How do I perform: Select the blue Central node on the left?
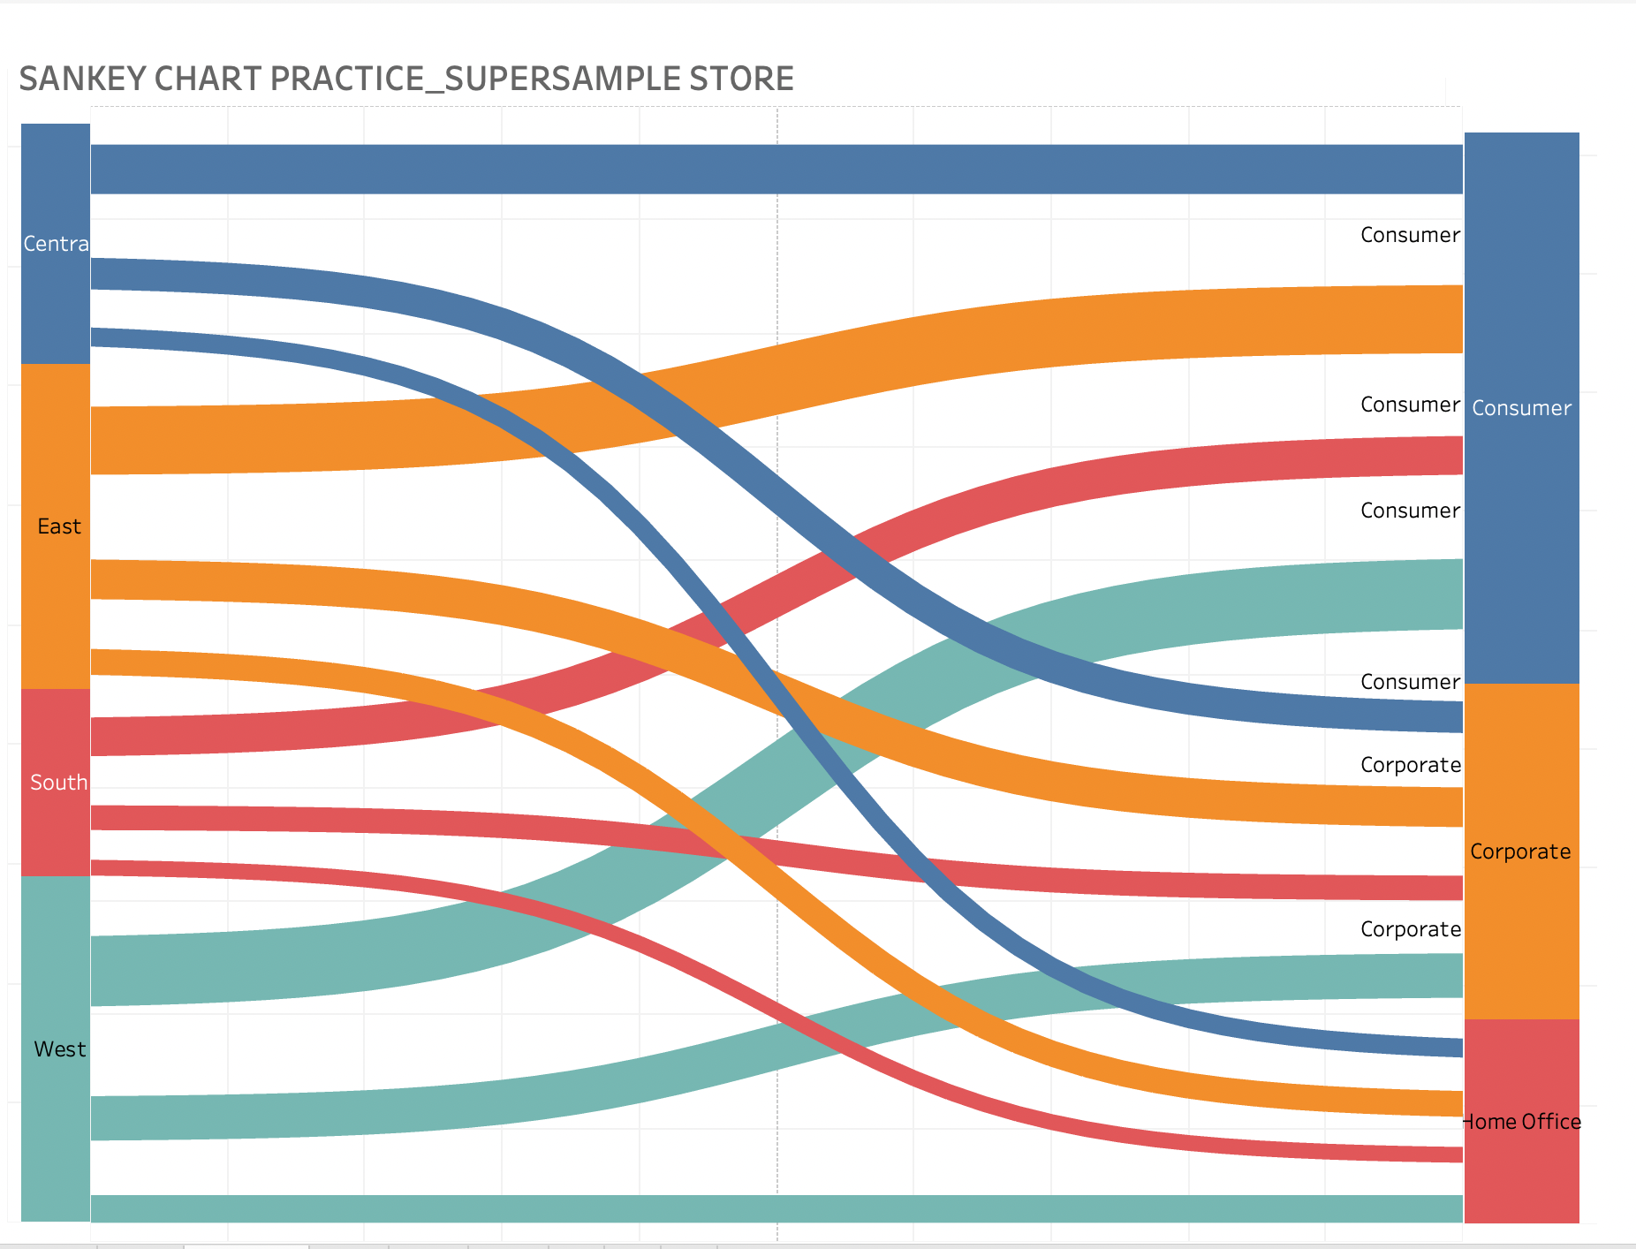56,244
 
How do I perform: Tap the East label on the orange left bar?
59,526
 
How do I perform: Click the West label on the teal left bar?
59,1049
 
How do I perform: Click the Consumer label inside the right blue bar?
1521,408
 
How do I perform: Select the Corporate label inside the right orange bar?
1520,852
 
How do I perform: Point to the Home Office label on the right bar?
1521,1122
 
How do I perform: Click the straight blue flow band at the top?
777,169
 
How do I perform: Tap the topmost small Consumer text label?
1410,235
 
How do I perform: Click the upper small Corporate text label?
1410,765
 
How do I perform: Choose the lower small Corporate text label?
1410,929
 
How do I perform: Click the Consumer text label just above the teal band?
1410,511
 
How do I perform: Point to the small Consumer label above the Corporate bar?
1410,682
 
